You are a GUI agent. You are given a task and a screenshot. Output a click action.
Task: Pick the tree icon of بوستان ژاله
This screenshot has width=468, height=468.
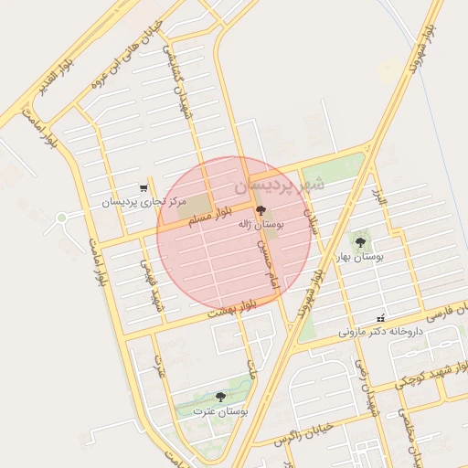coord(261,210)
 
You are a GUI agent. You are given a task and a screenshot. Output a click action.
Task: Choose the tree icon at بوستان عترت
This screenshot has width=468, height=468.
coord(220,397)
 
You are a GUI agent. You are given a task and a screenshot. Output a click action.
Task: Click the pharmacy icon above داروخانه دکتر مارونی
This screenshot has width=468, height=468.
coord(381,318)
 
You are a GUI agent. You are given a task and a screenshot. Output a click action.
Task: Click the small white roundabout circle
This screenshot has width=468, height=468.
coord(62,218)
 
